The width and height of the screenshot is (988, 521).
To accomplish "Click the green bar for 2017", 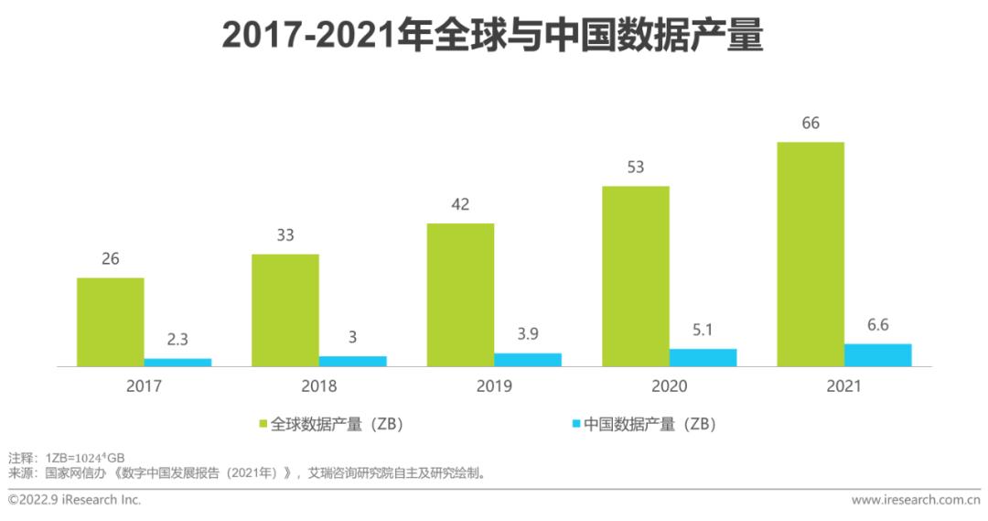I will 110,321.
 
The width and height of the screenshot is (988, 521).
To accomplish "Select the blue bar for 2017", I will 177,363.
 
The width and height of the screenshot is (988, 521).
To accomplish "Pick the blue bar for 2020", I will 703,357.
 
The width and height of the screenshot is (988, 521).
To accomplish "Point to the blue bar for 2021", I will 877,355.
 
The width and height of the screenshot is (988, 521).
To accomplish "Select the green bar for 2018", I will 285,309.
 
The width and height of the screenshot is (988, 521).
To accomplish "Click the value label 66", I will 811,124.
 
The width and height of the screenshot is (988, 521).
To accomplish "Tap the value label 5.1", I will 703,330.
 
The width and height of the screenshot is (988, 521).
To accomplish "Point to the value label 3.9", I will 528,334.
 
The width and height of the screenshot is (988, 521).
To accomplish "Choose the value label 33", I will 285,235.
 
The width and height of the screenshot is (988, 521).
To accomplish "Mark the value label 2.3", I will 177,340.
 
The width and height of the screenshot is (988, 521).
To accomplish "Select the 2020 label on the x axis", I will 669,386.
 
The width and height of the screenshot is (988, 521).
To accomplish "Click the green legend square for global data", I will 263,424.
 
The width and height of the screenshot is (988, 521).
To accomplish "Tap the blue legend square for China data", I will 575,424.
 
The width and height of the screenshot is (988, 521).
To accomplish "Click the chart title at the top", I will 493,37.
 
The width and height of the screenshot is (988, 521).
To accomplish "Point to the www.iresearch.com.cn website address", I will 916,500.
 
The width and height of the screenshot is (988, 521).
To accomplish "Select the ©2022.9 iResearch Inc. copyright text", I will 74,500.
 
